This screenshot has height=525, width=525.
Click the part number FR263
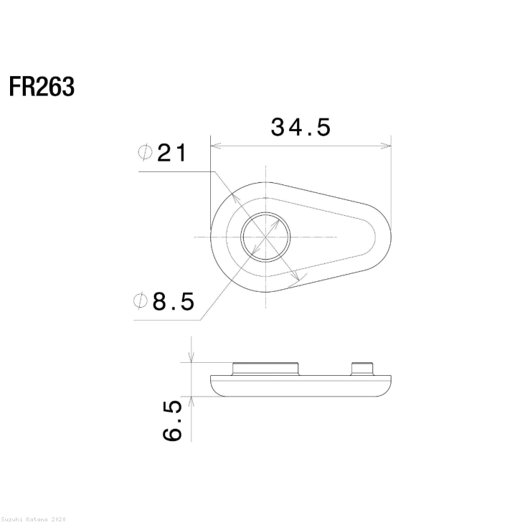pos(42,87)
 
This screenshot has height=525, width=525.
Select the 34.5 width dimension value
pos(301,127)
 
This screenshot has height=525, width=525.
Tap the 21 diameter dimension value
pos(171,153)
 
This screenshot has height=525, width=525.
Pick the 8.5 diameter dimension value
pos(173,302)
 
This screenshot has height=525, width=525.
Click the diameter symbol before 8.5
pos(141,302)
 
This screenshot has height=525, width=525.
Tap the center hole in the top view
pos(265,237)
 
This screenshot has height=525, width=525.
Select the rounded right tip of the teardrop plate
pos(384,237)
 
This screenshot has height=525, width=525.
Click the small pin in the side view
pos(363,368)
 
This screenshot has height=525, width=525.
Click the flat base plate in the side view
pos(301,384)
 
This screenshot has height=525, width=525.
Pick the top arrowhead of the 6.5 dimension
pos(191,359)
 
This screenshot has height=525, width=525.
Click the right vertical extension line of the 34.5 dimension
pos(391,179)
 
